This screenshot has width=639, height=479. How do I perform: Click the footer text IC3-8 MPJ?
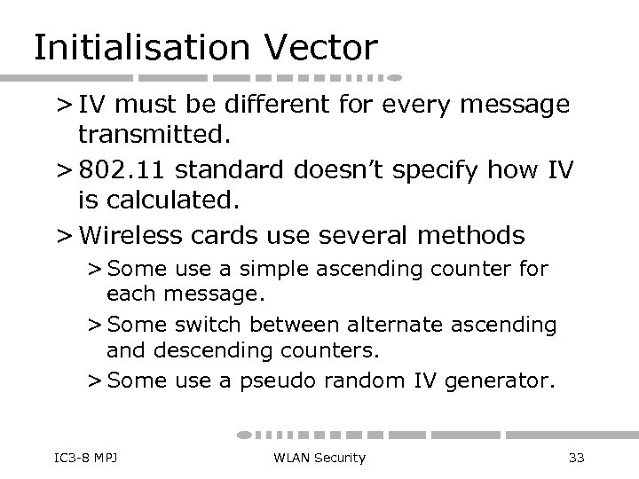coord(75,458)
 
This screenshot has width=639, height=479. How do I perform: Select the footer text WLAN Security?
coord(318,458)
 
